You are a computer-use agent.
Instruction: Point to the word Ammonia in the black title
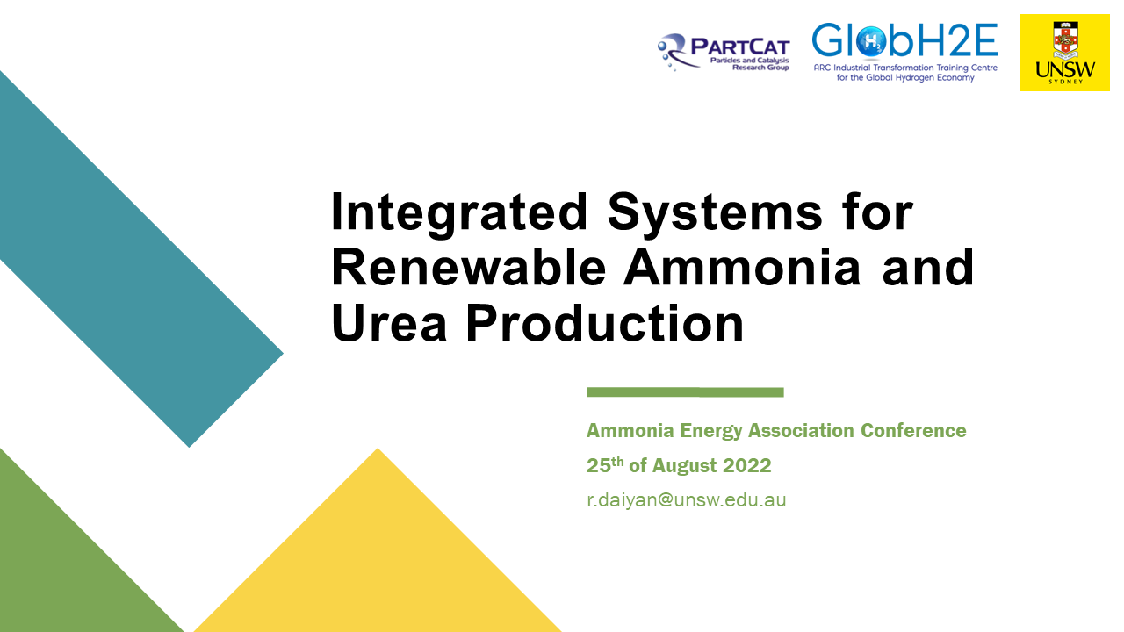click(743, 268)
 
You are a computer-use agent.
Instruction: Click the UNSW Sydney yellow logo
click(1064, 53)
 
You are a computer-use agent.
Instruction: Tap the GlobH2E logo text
click(904, 40)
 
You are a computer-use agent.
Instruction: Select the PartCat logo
click(724, 52)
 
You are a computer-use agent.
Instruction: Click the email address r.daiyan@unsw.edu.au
click(686, 500)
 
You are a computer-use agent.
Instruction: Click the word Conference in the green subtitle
click(913, 431)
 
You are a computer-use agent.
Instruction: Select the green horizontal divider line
click(685, 391)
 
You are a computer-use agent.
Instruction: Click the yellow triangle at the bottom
click(378, 562)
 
